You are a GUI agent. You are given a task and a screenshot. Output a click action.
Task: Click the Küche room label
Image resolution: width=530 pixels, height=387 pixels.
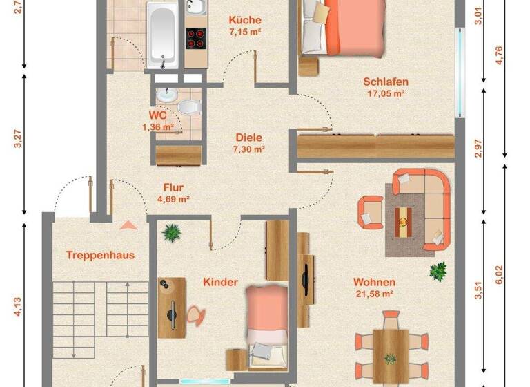coord(245,21)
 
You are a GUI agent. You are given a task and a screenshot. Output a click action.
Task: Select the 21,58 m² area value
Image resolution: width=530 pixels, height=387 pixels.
coord(373,294)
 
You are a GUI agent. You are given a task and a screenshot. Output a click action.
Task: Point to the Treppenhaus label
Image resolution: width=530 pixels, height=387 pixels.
coord(100,255)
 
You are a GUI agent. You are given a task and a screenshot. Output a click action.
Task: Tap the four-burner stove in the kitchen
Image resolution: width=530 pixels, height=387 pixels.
coord(197,38)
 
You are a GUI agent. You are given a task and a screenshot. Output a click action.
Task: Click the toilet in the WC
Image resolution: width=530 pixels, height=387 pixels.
coord(188,108)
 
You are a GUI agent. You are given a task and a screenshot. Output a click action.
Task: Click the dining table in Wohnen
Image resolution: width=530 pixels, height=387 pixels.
coord(390,348)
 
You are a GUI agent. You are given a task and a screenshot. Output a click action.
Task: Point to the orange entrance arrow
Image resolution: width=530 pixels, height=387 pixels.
coord(128,224)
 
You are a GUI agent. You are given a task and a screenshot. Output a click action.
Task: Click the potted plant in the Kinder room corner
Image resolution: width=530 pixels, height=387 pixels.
coord(170,233)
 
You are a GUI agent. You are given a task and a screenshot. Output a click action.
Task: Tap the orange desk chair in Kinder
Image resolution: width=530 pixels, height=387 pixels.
coord(195,314)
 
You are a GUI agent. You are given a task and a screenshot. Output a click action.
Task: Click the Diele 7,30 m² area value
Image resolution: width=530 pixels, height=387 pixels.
coord(249,149)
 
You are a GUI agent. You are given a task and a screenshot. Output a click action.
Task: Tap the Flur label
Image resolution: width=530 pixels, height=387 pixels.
coord(173,187)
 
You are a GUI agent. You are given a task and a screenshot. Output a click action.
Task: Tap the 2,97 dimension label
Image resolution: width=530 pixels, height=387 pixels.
coord(480,149)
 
